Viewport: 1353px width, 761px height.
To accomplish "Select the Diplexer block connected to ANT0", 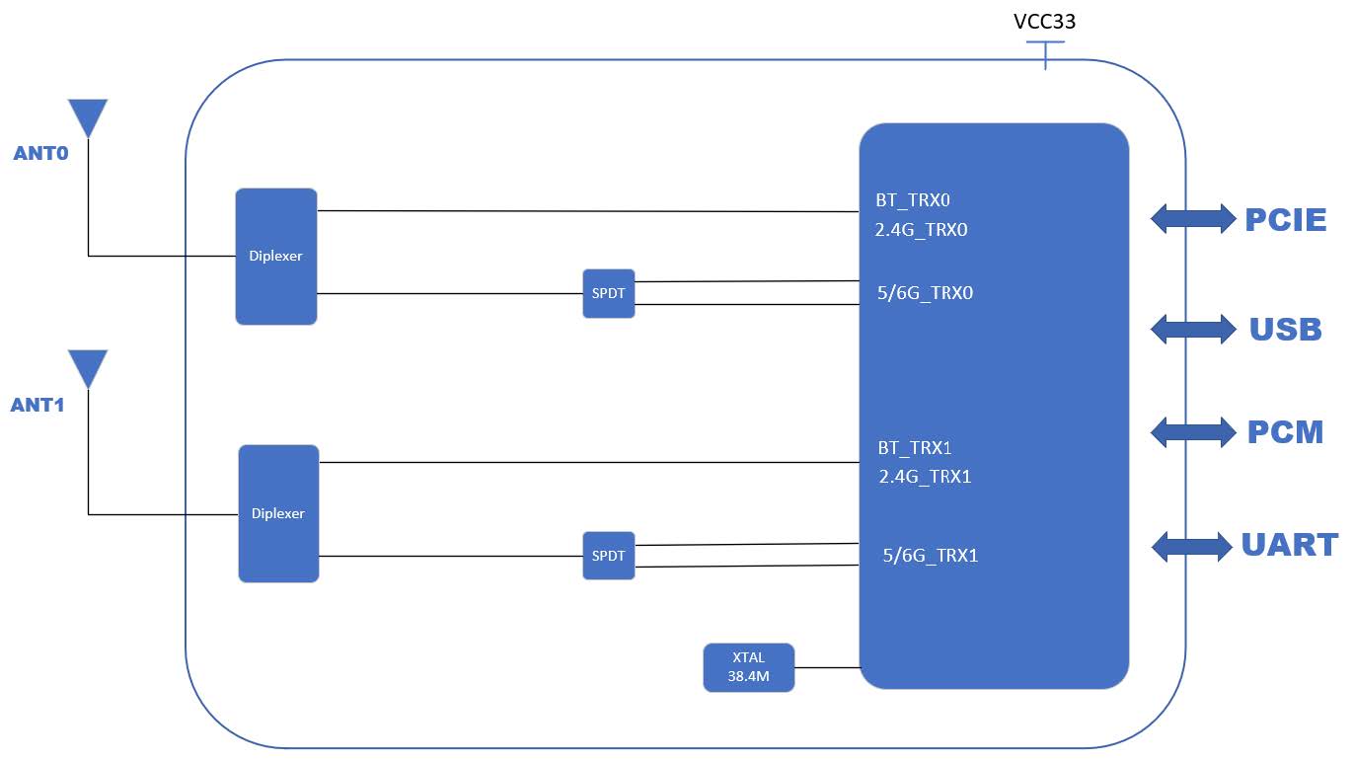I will click(x=276, y=256).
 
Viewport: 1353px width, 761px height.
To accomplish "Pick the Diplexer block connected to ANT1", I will click(x=278, y=513).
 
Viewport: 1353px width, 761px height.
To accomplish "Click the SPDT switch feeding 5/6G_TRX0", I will click(x=609, y=293).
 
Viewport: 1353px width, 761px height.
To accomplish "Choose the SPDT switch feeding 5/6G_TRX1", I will click(x=609, y=556).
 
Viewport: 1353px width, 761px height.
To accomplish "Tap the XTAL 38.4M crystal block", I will click(x=749, y=667).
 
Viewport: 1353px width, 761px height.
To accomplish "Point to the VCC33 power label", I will click(x=1045, y=22).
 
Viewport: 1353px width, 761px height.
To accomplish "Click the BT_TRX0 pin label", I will click(x=913, y=199).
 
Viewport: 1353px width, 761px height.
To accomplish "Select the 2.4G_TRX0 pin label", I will click(x=922, y=230).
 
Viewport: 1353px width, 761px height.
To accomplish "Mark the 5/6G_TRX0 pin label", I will click(x=925, y=293).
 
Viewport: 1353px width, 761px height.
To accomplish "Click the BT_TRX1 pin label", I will click(x=915, y=447).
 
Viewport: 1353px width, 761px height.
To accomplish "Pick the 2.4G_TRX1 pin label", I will click(x=926, y=477).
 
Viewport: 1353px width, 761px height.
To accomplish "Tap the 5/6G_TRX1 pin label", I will click(x=931, y=556).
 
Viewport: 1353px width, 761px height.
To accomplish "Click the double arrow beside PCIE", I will click(x=1193, y=218).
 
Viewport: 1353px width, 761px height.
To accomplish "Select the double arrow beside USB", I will click(x=1193, y=329).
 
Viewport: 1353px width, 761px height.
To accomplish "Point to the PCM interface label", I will click(x=1285, y=432).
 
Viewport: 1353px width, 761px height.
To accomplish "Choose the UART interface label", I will click(x=1290, y=545).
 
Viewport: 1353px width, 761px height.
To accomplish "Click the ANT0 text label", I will click(x=40, y=154).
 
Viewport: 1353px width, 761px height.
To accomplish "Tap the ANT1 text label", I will click(x=38, y=405).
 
